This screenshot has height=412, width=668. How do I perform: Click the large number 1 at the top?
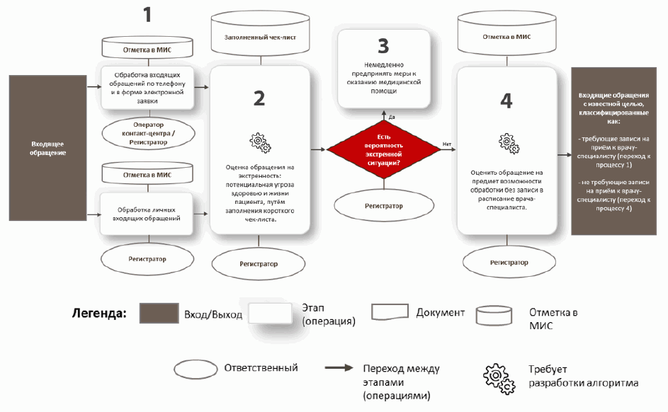[147, 16]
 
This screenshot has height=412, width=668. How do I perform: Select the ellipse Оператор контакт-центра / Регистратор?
[149, 132]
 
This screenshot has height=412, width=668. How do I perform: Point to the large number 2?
[259, 98]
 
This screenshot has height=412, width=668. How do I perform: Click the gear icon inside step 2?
[259, 141]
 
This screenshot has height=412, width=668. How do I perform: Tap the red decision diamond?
[383, 149]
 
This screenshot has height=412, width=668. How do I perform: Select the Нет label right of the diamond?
[447, 144]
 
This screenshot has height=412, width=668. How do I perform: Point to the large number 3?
[383, 47]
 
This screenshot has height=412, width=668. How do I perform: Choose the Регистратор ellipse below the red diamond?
[384, 206]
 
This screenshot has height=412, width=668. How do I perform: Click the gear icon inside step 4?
[506, 142]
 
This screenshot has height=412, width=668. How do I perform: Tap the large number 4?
[506, 101]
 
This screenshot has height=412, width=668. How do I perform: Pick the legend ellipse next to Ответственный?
[196, 369]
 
